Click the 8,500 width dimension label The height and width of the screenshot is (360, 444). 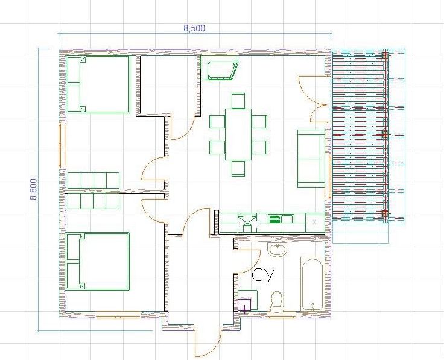click(x=194, y=28)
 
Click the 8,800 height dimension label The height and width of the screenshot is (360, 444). click(x=33, y=189)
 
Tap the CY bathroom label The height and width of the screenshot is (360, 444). click(x=264, y=275)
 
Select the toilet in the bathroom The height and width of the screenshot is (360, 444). click(x=277, y=302)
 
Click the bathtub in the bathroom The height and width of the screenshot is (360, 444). click(x=312, y=284)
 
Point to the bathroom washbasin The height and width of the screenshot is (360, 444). click(x=277, y=250)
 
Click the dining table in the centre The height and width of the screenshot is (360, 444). click(x=238, y=134)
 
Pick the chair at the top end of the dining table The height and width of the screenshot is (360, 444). click(x=238, y=101)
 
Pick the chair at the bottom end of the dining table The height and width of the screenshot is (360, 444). click(x=238, y=168)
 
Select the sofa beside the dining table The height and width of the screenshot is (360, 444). click(x=311, y=159)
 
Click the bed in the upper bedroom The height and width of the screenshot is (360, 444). click(x=98, y=84)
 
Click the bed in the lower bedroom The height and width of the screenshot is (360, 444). click(x=98, y=261)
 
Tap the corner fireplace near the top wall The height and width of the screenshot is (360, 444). click(x=220, y=68)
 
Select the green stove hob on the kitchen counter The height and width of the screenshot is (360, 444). click(x=274, y=219)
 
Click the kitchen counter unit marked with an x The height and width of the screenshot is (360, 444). click(x=314, y=223)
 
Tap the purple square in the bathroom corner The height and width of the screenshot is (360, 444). click(x=244, y=305)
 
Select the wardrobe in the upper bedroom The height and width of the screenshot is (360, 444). click(x=93, y=180)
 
